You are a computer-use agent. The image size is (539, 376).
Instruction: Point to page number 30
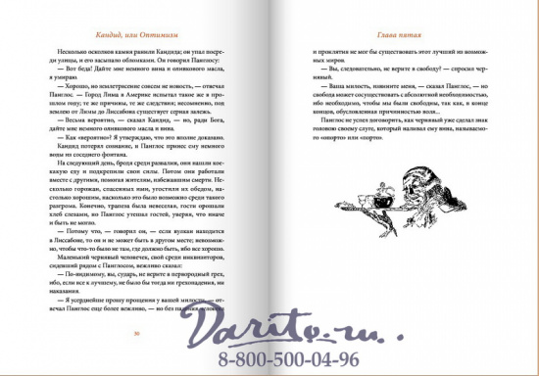point(137,334)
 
